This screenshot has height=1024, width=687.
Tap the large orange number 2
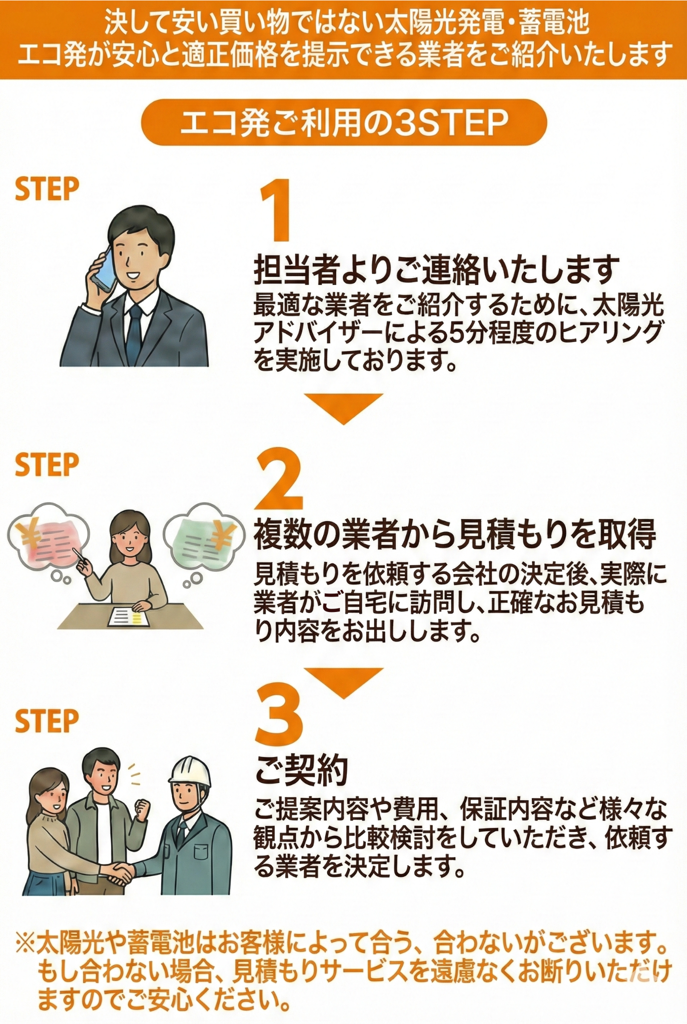pyautogui.click(x=279, y=478)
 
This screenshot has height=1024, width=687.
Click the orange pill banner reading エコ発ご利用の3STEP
pyautogui.click(x=344, y=122)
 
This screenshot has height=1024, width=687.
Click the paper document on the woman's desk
pyautogui.click(x=130, y=616)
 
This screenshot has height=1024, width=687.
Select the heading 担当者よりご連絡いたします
pyautogui.click(x=436, y=269)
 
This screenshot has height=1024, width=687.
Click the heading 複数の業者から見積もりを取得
pyautogui.click(x=454, y=534)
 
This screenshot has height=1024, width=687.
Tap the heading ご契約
pyautogui.click(x=301, y=769)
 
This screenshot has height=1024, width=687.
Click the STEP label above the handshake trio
pyautogui.click(x=47, y=721)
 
